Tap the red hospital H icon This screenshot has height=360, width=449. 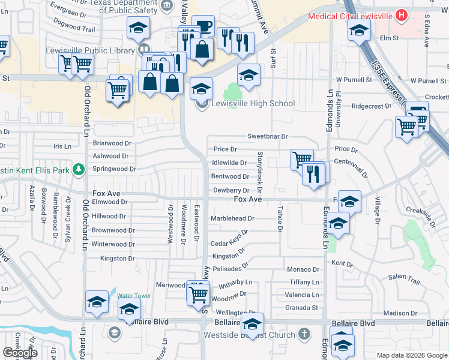pyautogui.click(x=402, y=15)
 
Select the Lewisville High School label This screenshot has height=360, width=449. pyautogui.click(x=253, y=103)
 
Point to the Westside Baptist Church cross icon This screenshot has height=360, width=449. pyautogui.click(x=304, y=334)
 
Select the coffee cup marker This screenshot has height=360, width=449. pyautogui.click(x=203, y=26)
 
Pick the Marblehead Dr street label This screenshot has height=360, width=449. pyautogui.click(x=232, y=219)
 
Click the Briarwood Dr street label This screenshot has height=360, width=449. pyautogui.click(x=112, y=143)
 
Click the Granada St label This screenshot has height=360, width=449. pyautogui.click(x=301, y=308)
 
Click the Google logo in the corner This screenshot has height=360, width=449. pyautogui.click(x=20, y=353)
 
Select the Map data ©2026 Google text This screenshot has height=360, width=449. pyautogui.click(x=411, y=355)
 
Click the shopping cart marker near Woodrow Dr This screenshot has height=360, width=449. pyautogui.click(x=198, y=294)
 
